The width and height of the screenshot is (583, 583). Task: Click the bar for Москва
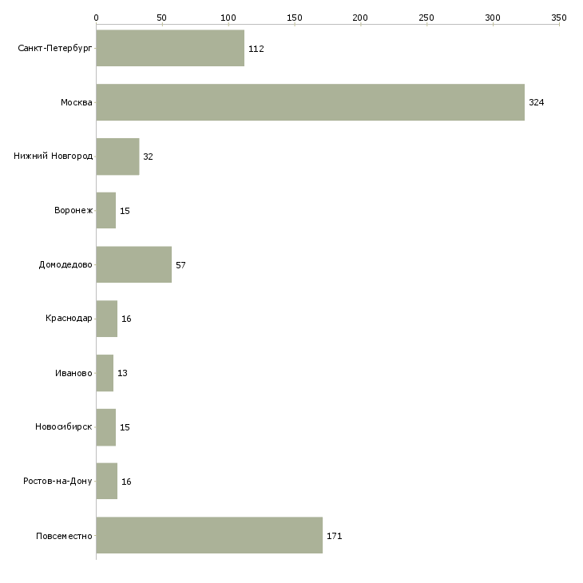311,102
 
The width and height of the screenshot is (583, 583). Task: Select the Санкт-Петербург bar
170,48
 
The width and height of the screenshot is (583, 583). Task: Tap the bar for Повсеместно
209,535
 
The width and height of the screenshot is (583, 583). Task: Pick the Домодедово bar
134,264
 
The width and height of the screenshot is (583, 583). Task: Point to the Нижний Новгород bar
118,157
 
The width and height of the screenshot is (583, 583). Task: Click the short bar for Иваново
105,373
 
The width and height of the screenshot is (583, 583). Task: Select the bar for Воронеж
106,211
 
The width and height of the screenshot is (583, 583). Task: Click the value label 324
536,102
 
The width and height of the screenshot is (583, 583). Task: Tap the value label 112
256,49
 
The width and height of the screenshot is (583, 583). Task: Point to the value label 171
335,536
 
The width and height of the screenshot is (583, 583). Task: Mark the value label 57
180,265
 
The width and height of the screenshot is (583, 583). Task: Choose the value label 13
122,373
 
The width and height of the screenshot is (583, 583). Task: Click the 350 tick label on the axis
559,18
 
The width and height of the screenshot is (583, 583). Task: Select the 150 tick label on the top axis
295,18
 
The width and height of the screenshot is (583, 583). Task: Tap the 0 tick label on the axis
97,18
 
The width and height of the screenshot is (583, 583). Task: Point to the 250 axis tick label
426,18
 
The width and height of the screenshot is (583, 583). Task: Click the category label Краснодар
69,319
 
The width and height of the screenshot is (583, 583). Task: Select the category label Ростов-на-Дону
58,481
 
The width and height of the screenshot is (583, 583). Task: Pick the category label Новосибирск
64,426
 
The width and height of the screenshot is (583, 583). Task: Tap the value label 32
148,157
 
